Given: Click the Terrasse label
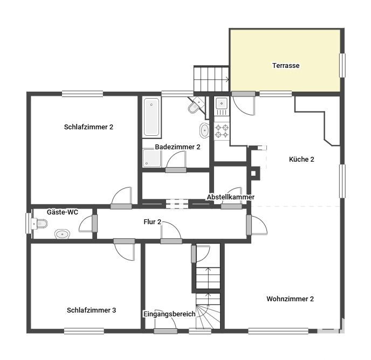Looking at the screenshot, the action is tap(286, 66).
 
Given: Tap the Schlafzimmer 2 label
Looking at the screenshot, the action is tap(89, 127).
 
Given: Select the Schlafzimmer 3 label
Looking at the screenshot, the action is tap(91, 310).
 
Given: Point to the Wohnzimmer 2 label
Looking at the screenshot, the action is tap(290, 299).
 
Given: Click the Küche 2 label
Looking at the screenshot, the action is tap(301, 159).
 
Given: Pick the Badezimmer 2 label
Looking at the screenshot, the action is tap(177, 147).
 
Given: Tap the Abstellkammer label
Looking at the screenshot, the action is tap(231, 197).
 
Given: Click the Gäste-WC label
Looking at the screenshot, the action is tap(63, 212).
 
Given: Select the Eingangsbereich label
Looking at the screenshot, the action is tap(169, 314).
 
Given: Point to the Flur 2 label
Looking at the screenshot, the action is tap(153, 222).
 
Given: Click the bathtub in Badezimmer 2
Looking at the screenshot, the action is tap(152, 117).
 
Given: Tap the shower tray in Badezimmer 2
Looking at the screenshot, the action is tap(152, 158).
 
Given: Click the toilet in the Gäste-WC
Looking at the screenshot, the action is tap(39, 224).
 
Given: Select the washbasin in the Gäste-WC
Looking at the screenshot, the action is tap(62, 234).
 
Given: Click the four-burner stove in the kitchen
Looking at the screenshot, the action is tap(222, 131).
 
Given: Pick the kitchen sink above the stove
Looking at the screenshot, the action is tap(222, 106).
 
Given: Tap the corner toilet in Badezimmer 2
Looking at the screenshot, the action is tap(196, 106).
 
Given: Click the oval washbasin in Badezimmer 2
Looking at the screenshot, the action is tap(204, 130).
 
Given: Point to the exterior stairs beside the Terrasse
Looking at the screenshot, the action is tap(211, 79).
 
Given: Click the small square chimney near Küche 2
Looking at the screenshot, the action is tap(253, 174).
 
